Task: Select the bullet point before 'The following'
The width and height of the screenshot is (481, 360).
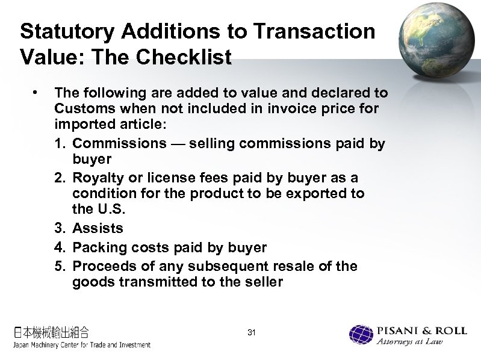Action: (x=37, y=92)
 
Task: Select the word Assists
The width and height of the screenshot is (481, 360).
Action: (x=98, y=229)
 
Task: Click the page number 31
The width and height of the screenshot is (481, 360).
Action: (x=252, y=333)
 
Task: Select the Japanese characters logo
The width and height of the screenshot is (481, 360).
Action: (x=51, y=332)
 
